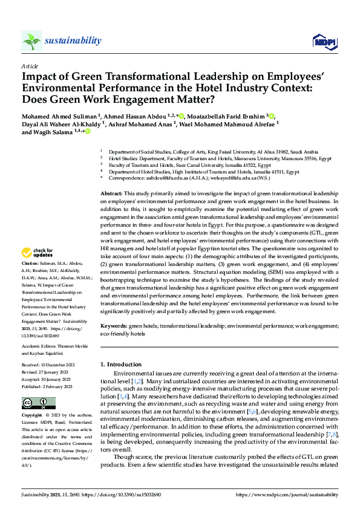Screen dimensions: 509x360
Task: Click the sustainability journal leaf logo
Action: point(32,41)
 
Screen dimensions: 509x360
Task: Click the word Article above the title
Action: point(29,66)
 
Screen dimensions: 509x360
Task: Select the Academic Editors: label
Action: point(38,346)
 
